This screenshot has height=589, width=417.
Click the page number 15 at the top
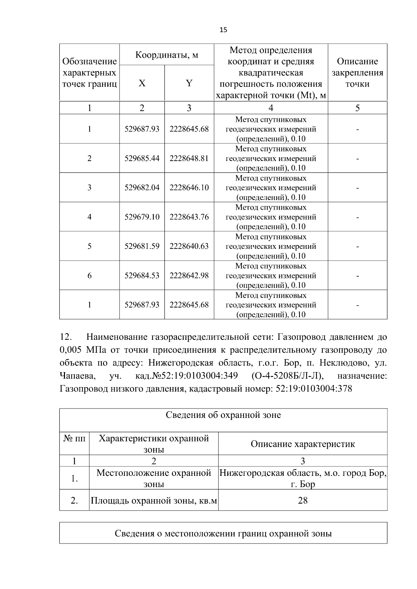[223, 30]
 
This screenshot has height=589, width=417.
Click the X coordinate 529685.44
[142, 159]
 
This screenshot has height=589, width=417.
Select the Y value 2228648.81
[189, 159]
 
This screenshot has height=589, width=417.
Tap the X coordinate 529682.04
[142, 188]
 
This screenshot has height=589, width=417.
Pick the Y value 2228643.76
[189, 217]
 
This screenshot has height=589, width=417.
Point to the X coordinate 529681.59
[142, 246]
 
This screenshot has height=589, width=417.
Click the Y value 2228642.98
[189, 276]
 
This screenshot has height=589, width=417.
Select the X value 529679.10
[142, 217]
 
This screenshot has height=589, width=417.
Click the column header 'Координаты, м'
[166, 55]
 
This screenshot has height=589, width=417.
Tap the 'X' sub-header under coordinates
[142, 83]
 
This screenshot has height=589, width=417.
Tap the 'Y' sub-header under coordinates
[189, 83]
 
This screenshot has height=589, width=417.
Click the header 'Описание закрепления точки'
[357, 73]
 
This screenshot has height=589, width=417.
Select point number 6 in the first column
[89, 276]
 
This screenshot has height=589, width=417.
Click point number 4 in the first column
[89, 217]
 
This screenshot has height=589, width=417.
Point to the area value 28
[303, 500]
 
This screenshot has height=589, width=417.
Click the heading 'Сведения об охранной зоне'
[223, 415]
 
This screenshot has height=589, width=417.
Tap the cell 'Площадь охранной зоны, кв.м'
[154, 500]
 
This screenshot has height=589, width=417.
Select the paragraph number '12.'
[66, 337]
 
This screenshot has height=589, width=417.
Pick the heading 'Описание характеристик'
[303, 444]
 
